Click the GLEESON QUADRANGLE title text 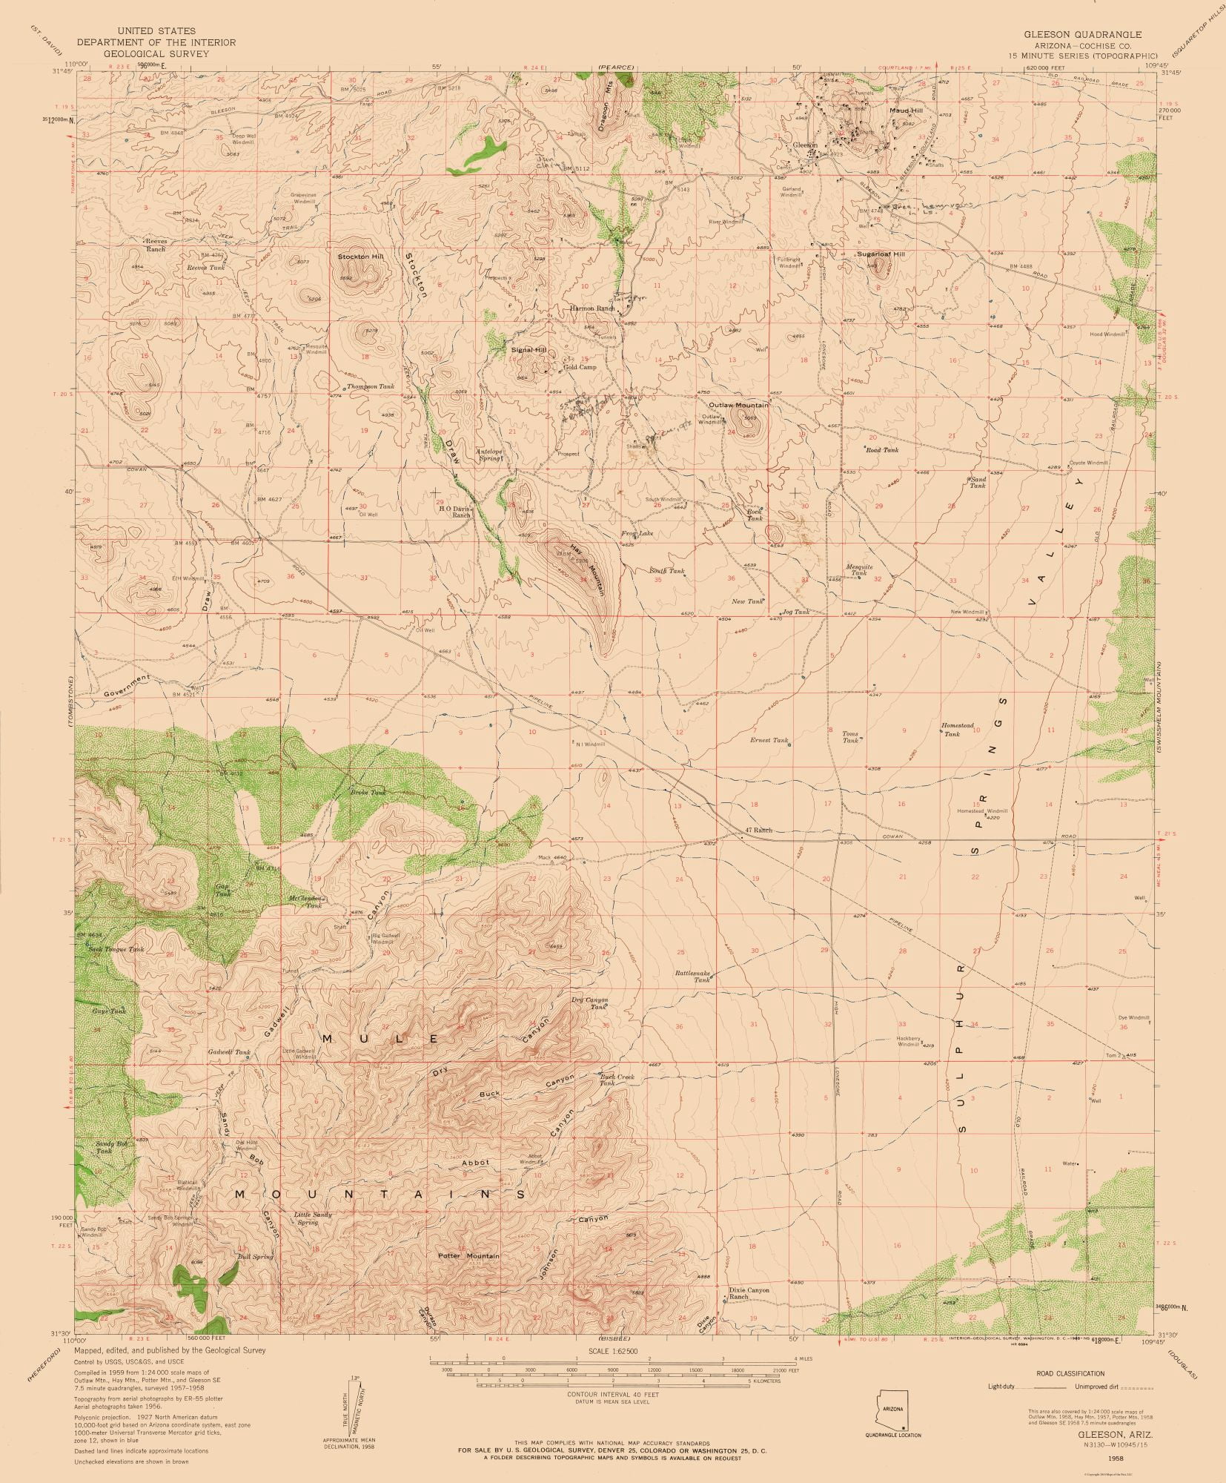pyautogui.click(x=1082, y=35)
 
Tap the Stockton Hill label pyautogui.click(x=361, y=257)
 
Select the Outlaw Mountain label pyautogui.click(x=738, y=406)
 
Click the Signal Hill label pyautogui.click(x=528, y=349)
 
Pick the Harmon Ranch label pyautogui.click(x=592, y=308)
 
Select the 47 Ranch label pyautogui.click(x=759, y=830)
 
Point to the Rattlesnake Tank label pyautogui.click(x=692, y=976)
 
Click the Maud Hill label pyautogui.click(x=906, y=110)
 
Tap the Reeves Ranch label pyautogui.click(x=156, y=245)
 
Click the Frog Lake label pyautogui.click(x=637, y=533)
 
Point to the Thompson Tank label pyautogui.click(x=371, y=386)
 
